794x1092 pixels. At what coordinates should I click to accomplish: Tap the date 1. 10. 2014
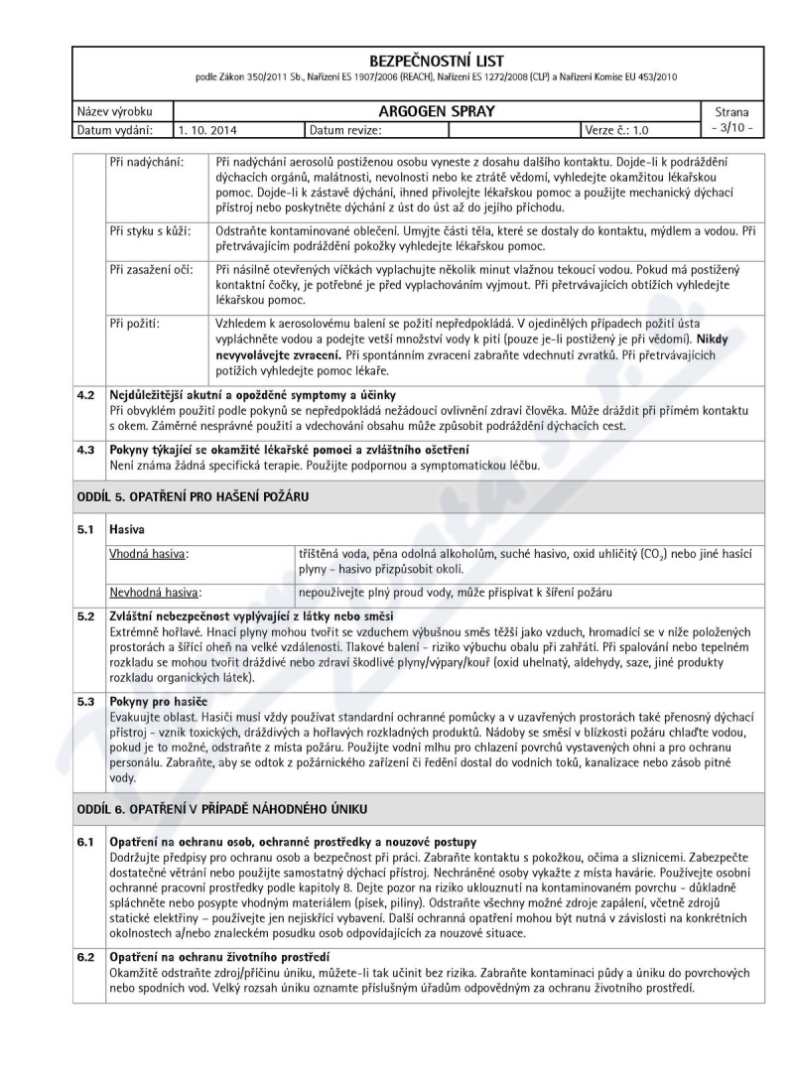208,129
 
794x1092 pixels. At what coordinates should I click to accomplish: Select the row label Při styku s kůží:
154,231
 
